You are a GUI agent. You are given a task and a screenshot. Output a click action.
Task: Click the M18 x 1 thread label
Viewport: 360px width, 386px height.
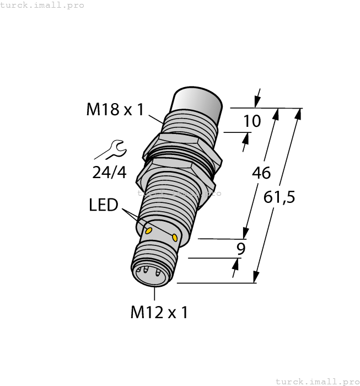115,110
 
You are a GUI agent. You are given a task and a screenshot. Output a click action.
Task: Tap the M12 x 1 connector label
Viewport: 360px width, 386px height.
159,313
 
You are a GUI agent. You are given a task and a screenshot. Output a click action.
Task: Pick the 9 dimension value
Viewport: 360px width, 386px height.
240,249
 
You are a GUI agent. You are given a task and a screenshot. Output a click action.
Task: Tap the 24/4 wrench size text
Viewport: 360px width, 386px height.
109,173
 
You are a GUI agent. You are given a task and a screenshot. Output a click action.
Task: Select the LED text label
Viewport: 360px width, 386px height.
104,206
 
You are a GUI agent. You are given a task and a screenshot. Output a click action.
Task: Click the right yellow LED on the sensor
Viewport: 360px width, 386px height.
175,237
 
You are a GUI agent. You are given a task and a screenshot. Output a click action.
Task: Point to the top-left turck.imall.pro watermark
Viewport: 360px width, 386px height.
42,5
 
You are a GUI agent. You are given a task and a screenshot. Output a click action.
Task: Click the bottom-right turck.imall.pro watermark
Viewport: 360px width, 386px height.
317,381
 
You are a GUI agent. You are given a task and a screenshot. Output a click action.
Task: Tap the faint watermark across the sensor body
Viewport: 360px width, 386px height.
179,193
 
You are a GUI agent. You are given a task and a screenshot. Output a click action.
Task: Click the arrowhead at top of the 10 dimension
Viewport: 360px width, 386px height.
257,101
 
